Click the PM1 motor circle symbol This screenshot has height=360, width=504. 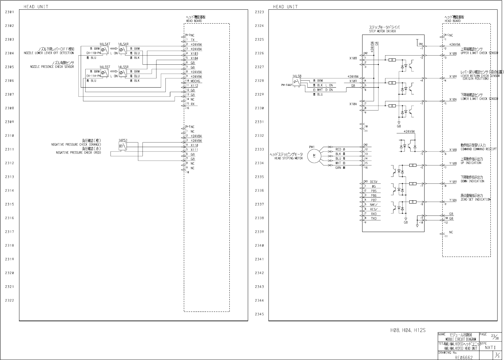click(312, 156)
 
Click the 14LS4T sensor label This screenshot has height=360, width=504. click(105, 44)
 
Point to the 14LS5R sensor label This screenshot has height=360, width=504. click(123, 67)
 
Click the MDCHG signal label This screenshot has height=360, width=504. click(195, 81)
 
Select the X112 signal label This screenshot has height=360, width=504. click(194, 86)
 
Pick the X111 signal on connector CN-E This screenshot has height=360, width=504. click(194, 150)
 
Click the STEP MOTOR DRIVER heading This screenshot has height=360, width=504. click(383, 31)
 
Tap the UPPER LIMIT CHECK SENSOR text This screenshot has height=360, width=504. click(479, 53)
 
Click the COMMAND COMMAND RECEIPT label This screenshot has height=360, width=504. click(478, 149)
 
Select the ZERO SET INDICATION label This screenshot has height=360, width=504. click(475, 200)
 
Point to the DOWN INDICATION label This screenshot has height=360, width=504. click(472, 181)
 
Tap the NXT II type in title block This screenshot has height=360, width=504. click(490, 347)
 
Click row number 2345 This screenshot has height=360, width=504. click(259, 314)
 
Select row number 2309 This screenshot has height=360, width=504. click(10, 122)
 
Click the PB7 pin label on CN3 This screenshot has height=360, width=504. click(373, 200)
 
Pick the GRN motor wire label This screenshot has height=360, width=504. click(338, 168)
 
